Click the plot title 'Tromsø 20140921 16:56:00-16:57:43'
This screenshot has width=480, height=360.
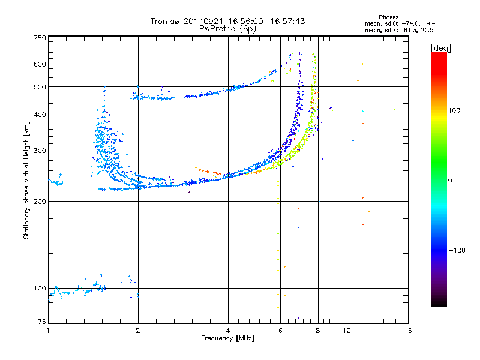click(x=227, y=21)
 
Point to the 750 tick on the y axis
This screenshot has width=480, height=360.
click(x=40, y=38)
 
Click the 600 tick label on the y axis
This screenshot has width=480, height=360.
click(x=40, y=64)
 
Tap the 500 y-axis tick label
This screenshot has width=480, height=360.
click(x=40, y=87)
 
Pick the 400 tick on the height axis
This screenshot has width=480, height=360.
click(x=40, y=115)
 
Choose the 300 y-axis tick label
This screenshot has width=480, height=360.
click(x=40, y=151)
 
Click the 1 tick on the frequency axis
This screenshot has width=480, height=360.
click(x=48, y=331)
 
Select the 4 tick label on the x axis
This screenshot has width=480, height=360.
click(x=228, y=331)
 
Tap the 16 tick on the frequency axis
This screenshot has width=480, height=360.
click(x=407, y=331)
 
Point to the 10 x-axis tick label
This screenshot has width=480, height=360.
click(x=347, y=331)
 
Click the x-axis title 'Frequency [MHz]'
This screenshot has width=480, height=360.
click(x=227, y=339)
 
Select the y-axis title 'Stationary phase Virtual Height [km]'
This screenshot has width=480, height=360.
click(x=26, y=180)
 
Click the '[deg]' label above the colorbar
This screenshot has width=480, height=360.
click(x=441, y=47)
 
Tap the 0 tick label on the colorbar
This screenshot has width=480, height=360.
click(x=451, y=180)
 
